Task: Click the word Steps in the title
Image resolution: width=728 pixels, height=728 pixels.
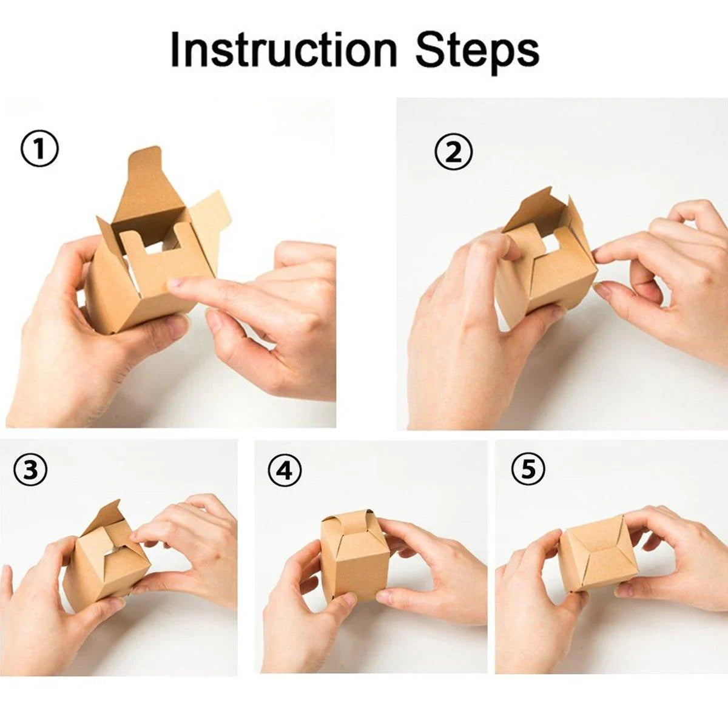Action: pos(477,51)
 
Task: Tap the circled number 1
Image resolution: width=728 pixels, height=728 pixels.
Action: pos(40,150)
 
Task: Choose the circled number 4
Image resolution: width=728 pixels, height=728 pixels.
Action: pos(285,470)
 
